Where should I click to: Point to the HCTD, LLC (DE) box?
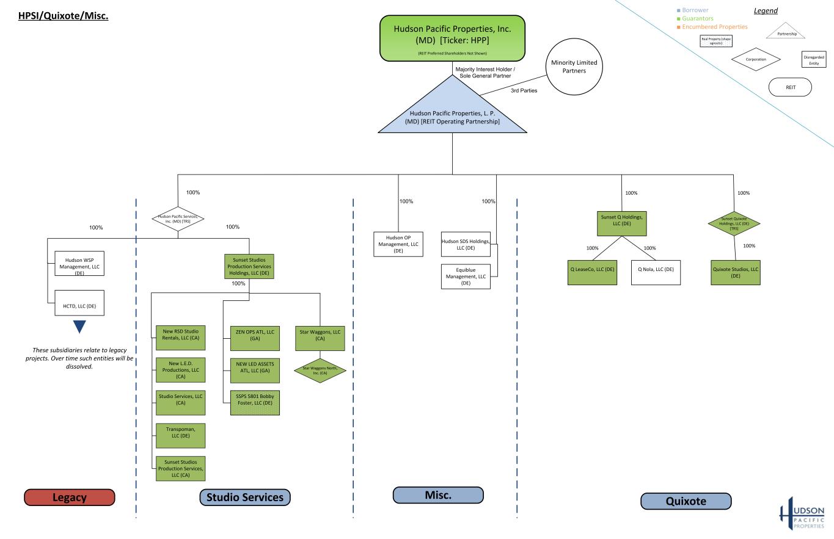tap(79, 303)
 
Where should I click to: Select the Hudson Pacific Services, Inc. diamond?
tap(178, 217)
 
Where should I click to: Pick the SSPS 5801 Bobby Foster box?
tap(255, 402)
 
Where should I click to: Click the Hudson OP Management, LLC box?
tap(398, 244)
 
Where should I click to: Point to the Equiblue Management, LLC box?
tap(466, 276)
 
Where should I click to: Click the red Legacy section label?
tap(70, 497)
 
